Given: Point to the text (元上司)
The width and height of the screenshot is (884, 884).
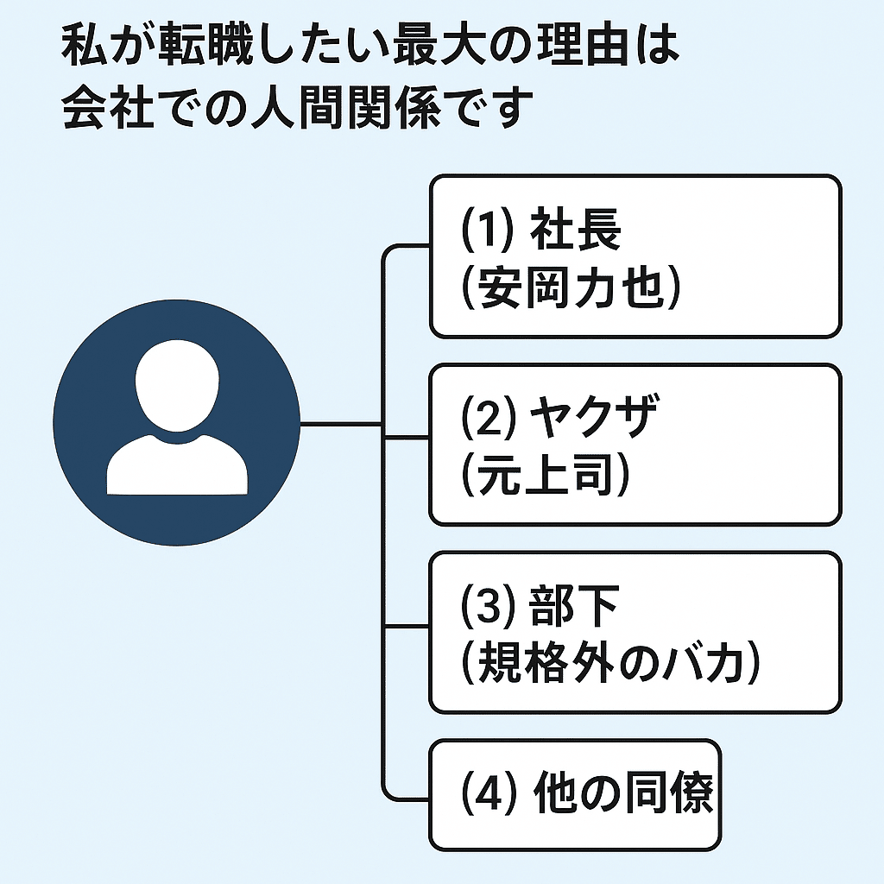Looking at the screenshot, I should point(544,477).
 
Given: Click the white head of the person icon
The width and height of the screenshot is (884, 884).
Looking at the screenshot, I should point(178,387).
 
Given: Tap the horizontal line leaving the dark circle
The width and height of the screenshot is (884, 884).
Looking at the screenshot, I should point(341,424).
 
